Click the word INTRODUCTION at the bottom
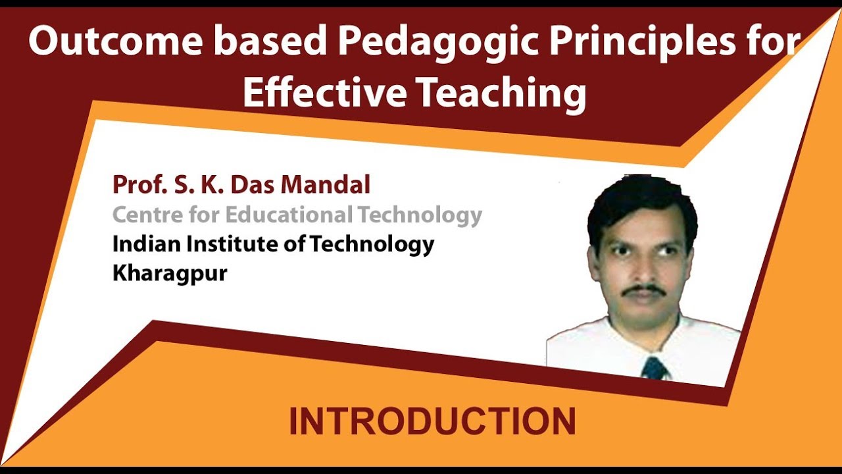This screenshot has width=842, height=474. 432,422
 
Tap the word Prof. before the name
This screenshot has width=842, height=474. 136,185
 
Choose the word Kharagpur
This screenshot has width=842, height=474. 170,273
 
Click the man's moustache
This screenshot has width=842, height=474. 644,289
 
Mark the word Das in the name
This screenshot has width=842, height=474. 253,185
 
